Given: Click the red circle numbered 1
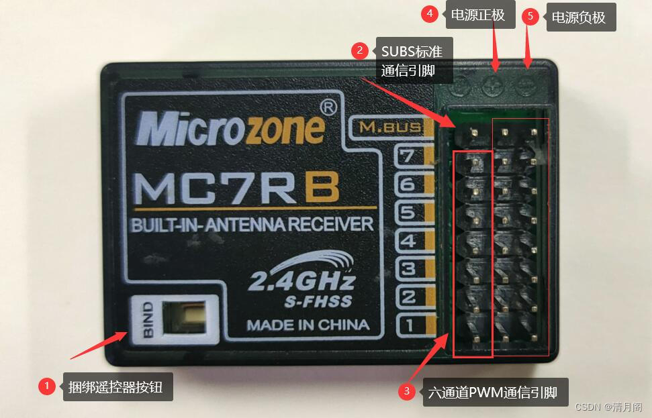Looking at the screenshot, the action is [46, 386].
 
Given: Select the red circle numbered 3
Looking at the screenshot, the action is [406, 392].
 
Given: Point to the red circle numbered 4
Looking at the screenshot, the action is [430, 13].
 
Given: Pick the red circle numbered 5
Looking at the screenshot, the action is [530, 17].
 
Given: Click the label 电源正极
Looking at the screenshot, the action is [477, 15].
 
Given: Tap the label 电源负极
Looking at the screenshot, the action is [579, 17].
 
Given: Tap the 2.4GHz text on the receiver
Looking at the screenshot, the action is [301, 280].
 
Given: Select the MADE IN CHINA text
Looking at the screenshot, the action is [308, 325].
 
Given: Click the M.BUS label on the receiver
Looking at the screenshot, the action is [390, 127].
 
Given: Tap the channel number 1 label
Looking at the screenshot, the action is [409, 325].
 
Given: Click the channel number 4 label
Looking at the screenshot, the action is [409, 242].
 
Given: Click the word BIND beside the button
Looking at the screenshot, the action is [148, 319].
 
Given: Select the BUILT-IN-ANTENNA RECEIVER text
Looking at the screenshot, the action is [252, 224].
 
